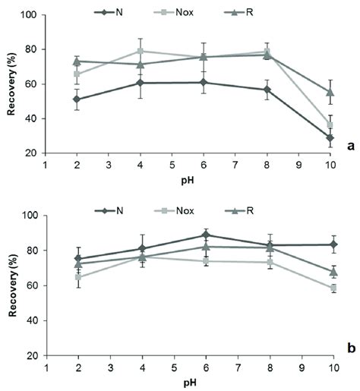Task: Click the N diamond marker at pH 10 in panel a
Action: pos(330,138)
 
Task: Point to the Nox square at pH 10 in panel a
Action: pos(330,125)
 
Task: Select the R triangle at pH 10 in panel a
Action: pos(330,92)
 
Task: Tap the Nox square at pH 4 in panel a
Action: pos(140,51)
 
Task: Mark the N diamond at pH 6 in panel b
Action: pos(204,235)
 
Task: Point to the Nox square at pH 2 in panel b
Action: pos(77,277)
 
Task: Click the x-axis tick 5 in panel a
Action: pos(172,163)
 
